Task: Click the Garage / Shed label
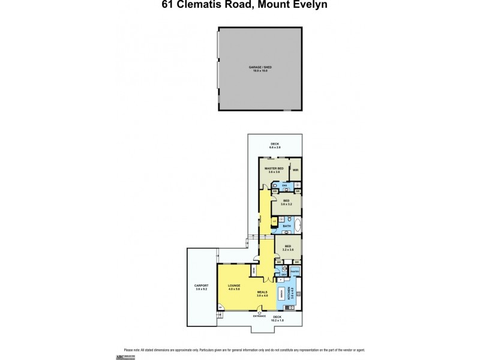point(260,68)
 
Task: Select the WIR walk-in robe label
point(295,170)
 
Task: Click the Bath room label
point(286,226)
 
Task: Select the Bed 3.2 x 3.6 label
point(289,247)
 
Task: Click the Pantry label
point(295,272)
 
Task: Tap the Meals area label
point(262,293)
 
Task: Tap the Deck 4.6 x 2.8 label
point(275,145)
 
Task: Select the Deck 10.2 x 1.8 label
point(277,317)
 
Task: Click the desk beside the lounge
point(253,271)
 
